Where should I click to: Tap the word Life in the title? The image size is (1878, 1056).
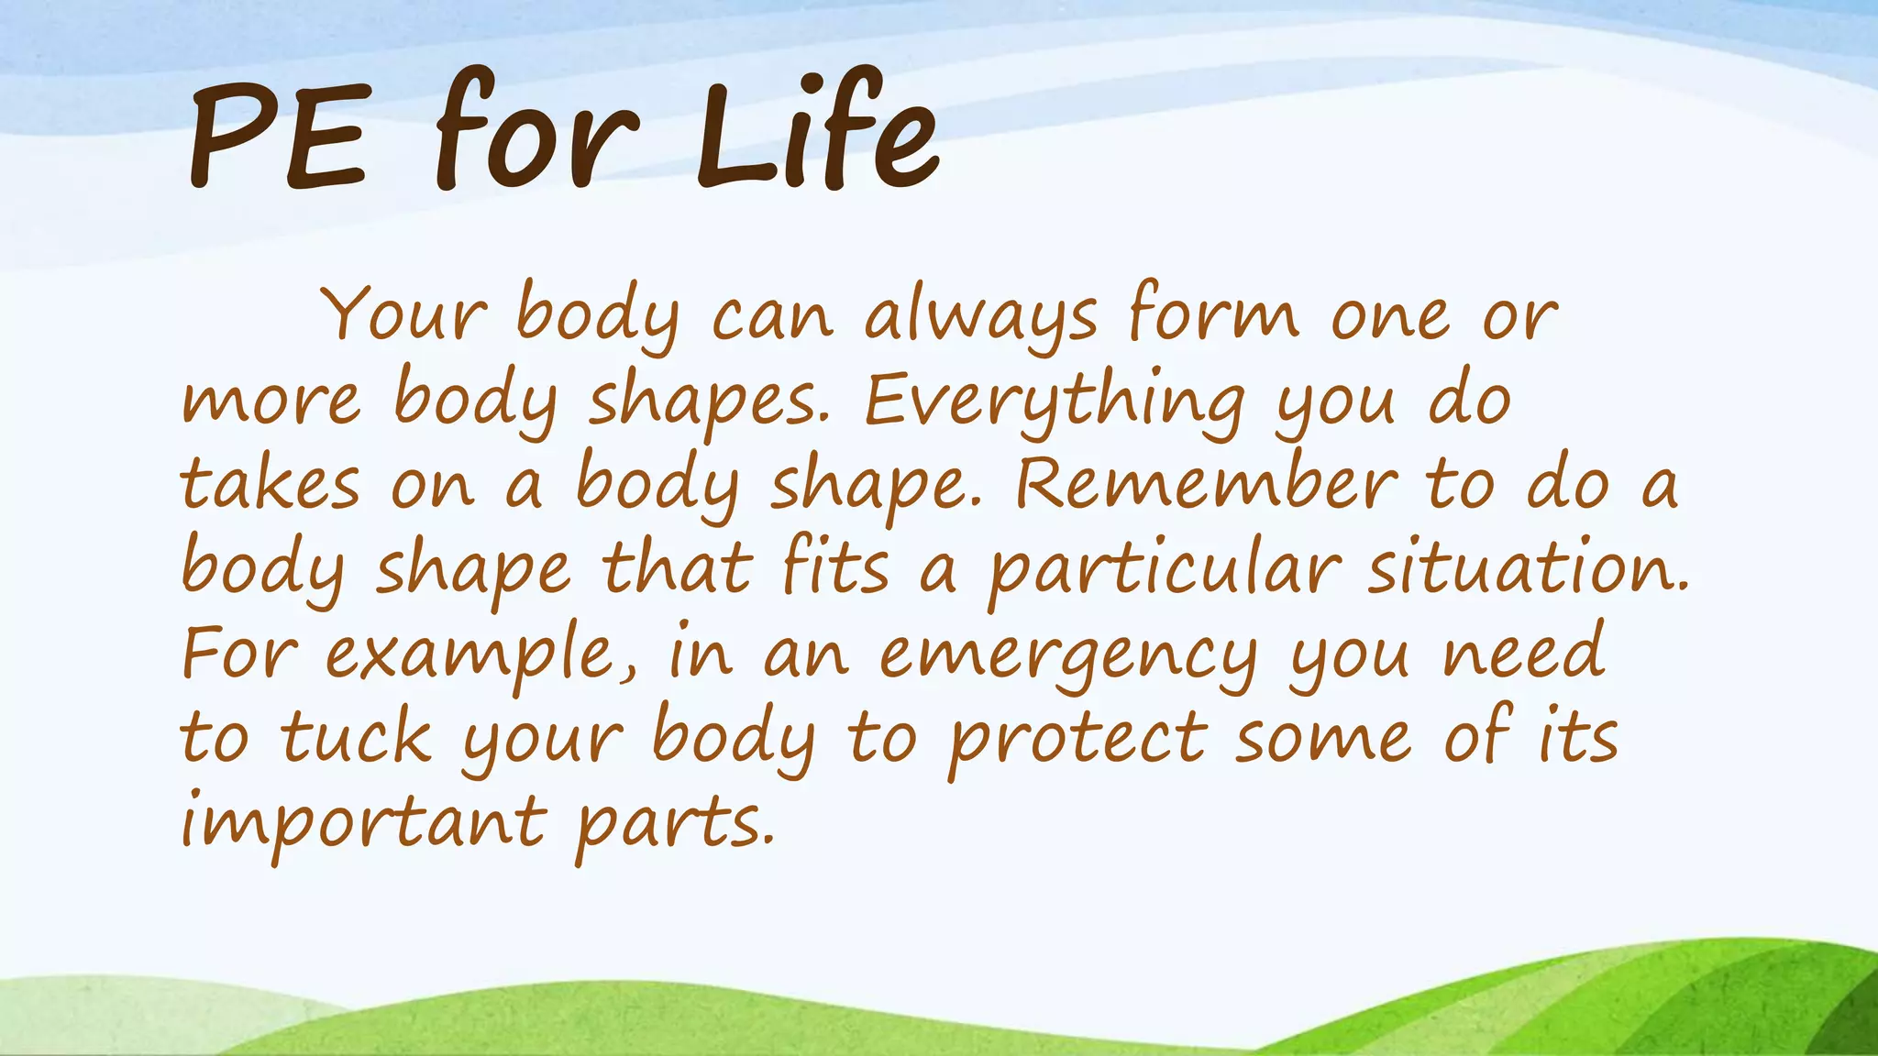[x=816, y=133]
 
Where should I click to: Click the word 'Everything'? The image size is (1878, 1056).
[x=1055, y=403]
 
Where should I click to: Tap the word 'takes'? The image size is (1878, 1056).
[x=270, y=486]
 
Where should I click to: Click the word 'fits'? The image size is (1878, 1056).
[x=835, y=568]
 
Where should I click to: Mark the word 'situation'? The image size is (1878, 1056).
[x=1527, y=568]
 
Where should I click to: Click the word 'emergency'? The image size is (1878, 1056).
[x=1068, y=656]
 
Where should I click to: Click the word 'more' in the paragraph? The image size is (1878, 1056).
[x=271, y=403]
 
